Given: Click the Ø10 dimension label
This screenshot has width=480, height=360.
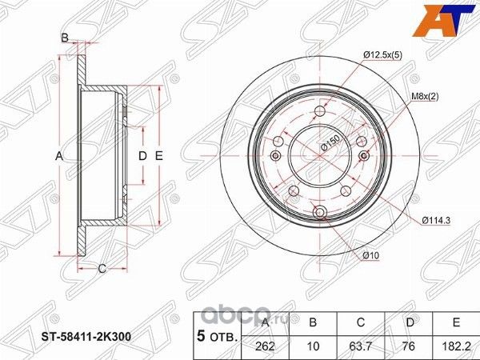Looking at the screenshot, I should [370, 255].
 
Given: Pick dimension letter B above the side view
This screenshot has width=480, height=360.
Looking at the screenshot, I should [65, 37].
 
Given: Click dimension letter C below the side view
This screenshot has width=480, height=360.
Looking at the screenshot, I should [102, 268].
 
